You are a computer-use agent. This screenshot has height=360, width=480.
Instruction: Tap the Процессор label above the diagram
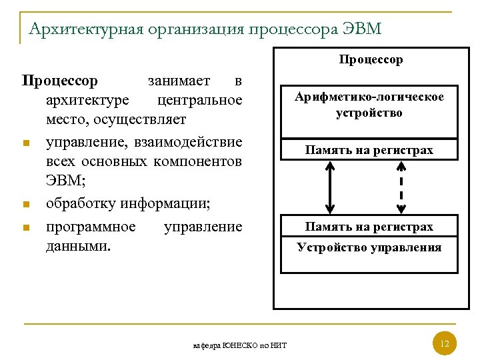[371, 59]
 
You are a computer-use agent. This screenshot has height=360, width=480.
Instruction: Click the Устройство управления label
[369, 248]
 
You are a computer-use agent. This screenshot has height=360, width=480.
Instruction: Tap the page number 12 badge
[445, 344]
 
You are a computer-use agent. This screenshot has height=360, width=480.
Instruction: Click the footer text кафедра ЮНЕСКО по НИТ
[239, 345]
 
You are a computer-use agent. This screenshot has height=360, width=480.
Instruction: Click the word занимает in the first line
[178, 81]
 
